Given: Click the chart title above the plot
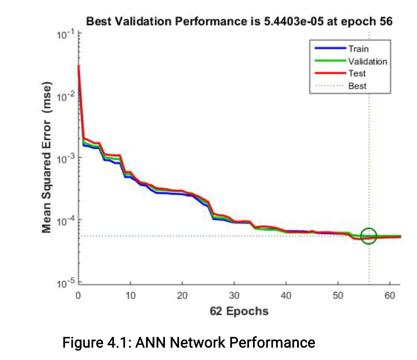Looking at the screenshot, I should point(238,21).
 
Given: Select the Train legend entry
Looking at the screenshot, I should point(358,49).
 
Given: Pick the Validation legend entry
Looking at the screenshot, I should point(367,61).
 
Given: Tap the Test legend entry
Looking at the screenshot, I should point(357,74).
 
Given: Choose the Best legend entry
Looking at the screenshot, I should point(357,86).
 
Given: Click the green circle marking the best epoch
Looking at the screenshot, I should point(369,236).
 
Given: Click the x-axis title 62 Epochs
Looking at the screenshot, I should point(239,311).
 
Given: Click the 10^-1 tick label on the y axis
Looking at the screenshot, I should point(65,35).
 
